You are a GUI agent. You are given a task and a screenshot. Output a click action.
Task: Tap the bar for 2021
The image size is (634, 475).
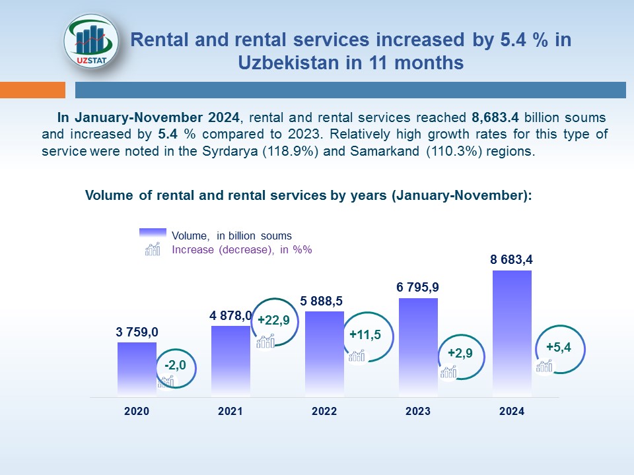pyautogui.click(x=230, y=362)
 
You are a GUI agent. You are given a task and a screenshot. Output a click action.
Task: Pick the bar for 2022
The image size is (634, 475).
pyautogui.click(x=324, y=354)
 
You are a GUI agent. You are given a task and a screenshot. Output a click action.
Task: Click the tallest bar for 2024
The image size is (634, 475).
pyautogui.click(x=512, y=333)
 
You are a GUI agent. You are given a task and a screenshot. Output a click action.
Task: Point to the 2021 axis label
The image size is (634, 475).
pyautogui.click(x=230, y=411)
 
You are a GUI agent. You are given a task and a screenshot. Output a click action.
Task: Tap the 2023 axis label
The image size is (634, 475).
pyautogui.click(x=418, y=411)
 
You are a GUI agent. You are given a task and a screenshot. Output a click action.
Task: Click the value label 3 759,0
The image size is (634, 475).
pyautogui.click(x=137, y=332)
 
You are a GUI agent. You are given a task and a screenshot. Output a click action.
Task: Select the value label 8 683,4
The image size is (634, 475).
pyautogui.click(x=512, y=260)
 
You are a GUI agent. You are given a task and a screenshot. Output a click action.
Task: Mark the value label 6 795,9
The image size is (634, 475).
pyautogui.click(x=418, y=288)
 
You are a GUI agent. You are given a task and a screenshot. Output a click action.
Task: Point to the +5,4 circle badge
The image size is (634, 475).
pyautogui.click(x=559, y=347)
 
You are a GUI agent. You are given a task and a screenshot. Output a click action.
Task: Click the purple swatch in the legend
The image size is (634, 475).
pyautogui.click(x=153, y=235)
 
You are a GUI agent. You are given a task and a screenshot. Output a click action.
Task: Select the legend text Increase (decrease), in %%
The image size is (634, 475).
pyautogui.click(x=241, y=250)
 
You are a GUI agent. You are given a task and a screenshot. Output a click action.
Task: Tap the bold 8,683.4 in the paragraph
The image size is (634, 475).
pyautogui.click(x=495, y=117)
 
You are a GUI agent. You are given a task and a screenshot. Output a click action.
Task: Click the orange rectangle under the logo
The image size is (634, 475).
pyautogui.click(x=32, y=90)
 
